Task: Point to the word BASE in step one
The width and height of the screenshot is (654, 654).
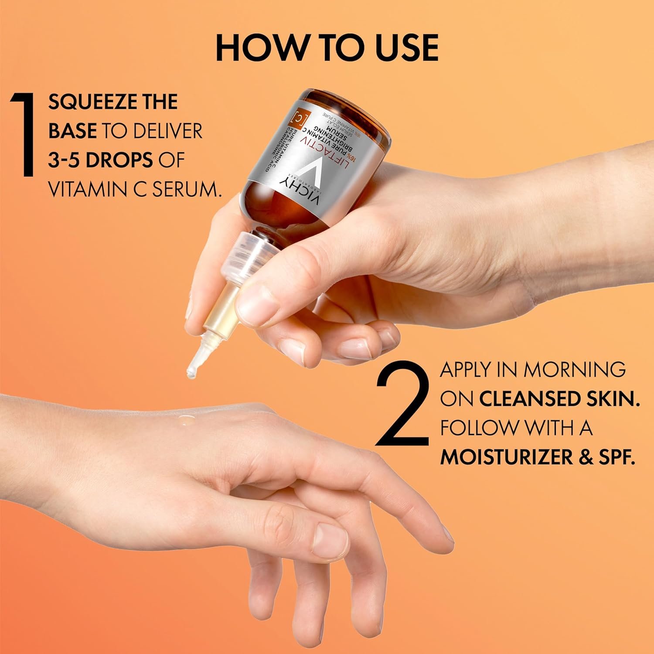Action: click(72, 131)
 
